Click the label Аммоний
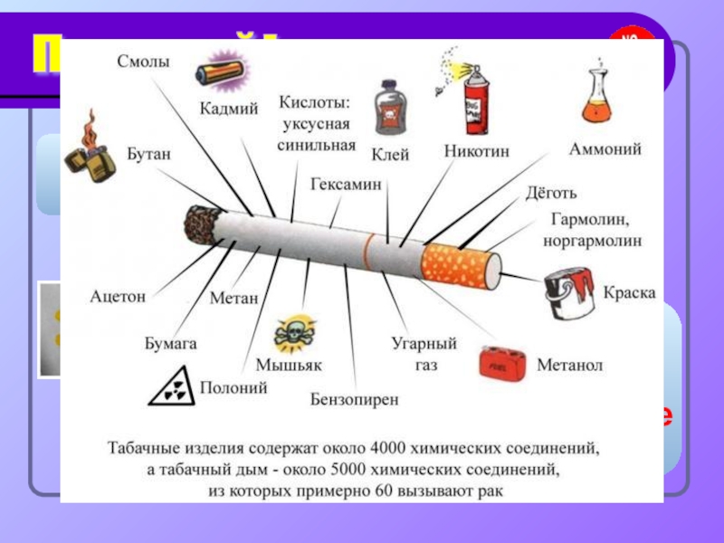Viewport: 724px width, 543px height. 605,149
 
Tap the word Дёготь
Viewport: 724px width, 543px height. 551,194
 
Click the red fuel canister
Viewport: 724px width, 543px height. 503,364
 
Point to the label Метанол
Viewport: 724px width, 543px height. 570,366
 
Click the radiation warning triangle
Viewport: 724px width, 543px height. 174,388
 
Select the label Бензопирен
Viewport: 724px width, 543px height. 354,397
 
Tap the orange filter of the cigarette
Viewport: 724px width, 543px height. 462,264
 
